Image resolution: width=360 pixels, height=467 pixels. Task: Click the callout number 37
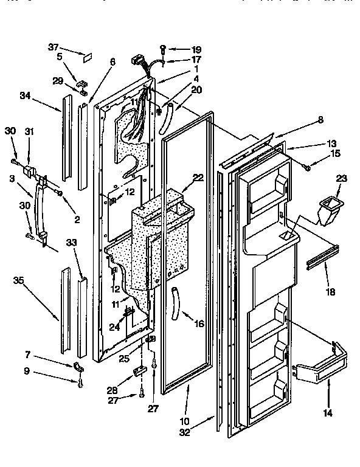(x=54, y=48)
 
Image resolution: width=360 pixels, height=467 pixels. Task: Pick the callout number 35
(x=18, y=281)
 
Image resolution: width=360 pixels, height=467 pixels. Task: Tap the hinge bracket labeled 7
(x=78, y=366)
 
